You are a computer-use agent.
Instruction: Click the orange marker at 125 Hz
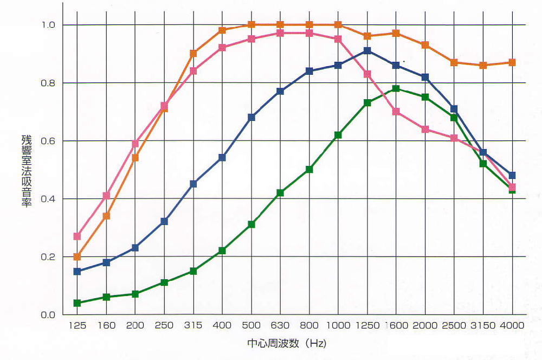click(x=77, y=256)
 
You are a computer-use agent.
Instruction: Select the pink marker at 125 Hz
click(x=77, y=236)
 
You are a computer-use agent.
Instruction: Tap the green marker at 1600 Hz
click(x=396, y=88)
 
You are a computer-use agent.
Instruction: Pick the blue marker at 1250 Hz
click(x=367, y=51)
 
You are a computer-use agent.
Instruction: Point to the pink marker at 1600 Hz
click(x=396, y=112)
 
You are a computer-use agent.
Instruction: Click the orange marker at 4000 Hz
click(x=512, y=62)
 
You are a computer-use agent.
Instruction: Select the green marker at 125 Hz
click(x=77, y=303)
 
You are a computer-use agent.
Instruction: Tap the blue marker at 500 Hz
click(x=251, y=117)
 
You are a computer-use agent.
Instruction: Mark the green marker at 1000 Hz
click(x=338, y=135)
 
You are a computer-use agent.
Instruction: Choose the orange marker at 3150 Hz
click(x=483, y=65)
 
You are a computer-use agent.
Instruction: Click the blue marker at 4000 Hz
click(x=512, y=175)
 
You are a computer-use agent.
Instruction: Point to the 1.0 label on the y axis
click(x=49, y=25)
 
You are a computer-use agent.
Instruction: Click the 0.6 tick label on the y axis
click(x=49, y=141)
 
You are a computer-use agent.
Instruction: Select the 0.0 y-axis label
click(x=49, y=315)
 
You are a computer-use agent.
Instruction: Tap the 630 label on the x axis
click(x=280, y=325)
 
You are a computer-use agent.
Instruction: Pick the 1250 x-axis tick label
click(x=367, y=325)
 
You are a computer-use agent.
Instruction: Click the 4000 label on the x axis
click(x=512, y=325)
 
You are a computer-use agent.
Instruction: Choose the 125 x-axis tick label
click(x=77, y=325)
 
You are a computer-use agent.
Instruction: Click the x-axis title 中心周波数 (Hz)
click(x=287, y=344)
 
